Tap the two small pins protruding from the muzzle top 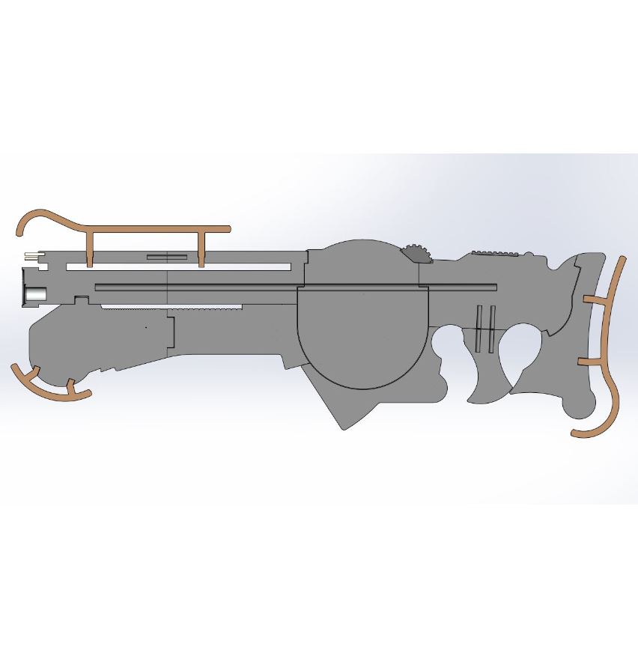pyautogui.click(x=31, y=256)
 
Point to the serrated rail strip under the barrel pyautogui.click(x=171, y=308)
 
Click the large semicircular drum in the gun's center pyautogui.click(x=363, y=337)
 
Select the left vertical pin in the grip pyautogui.click(x=478, y=328)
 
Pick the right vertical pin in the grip pyautogui.click(x=490, y=328)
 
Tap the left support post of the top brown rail pyautogui.click(x=91, y=248)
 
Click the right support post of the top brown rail pyautogui.click(x=201, y=248)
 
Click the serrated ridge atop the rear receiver pyautogui.click(x=493, y=252)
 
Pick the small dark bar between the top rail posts pyautogui.click(x=167, y=257)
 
